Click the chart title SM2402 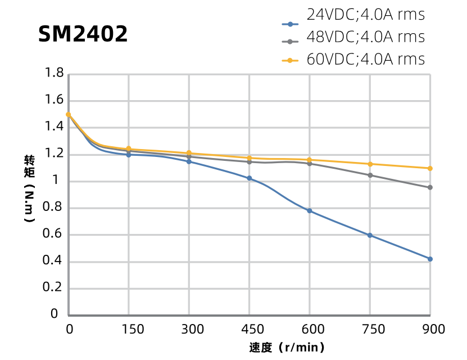(x=83, y=35)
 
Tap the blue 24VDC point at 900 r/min (x=430, y=259)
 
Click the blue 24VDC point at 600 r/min (x=310, y=211)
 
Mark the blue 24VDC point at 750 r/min (x=370, y=235)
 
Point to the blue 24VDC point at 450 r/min (x=250, y=178)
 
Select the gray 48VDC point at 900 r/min (x=430, y=187)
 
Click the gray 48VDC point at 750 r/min (x=370, y=175)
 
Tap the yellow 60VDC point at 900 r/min (x=430, y=168)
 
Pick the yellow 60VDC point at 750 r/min (x=370, y=164)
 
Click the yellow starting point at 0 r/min (x=69, y=114)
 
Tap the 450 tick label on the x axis (x=250, y=329)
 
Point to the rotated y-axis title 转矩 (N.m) (x=29, y=188)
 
